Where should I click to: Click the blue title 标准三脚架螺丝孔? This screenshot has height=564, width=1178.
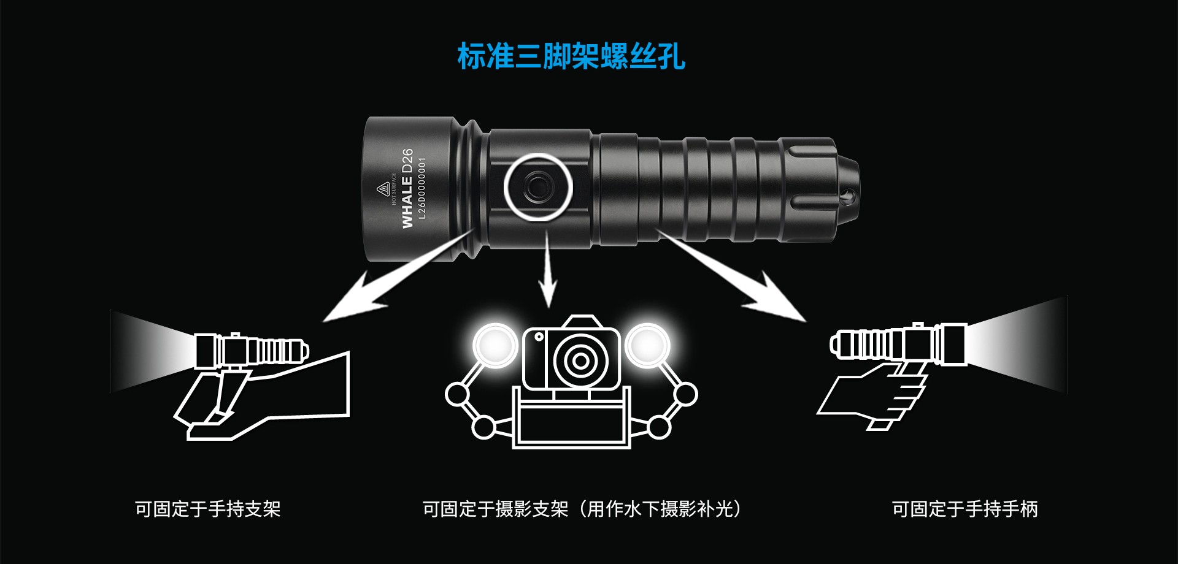(571, 56)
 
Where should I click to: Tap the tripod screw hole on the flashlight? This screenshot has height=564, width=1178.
(538, 186)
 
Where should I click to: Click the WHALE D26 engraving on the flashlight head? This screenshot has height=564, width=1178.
(407, 188)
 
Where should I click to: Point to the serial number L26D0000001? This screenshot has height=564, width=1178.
(422, 188)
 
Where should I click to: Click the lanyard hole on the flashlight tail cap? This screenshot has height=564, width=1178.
(849, 197)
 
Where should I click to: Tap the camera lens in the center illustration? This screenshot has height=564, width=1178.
(580, 360)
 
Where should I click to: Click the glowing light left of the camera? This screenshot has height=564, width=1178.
(495, 346)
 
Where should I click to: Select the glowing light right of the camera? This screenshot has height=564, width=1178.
(647, 346)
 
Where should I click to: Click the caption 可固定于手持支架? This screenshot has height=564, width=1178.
(207, 509)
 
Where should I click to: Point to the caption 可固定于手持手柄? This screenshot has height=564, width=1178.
(964, 509)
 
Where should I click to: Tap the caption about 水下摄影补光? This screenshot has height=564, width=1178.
(582, 509)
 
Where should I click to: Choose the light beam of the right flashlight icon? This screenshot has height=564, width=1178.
(1018, 345)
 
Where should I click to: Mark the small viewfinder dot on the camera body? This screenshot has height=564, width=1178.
(539, 337)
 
